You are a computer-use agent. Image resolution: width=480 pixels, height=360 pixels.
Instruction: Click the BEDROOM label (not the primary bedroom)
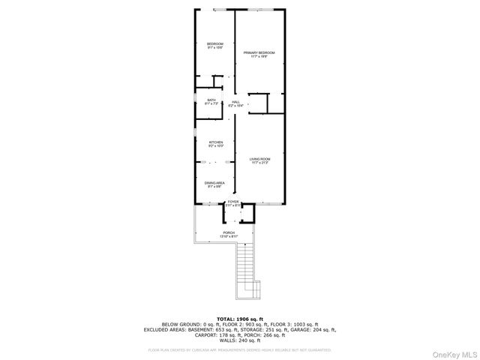click(x=215, y=44)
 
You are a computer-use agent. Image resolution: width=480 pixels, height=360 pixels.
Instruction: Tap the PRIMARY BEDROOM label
click(x=259, y=52)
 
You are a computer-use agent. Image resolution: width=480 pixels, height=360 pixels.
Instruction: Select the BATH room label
click(x=211, y=100)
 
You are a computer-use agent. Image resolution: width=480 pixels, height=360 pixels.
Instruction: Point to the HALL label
click(x=235, y=101)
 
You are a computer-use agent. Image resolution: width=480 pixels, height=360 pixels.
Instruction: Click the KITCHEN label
click(x=216, y=142)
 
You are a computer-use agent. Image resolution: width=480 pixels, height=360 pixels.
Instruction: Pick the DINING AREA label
click(x=215, y=182)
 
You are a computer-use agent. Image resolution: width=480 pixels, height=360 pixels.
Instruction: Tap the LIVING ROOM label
click(x=259, y=159)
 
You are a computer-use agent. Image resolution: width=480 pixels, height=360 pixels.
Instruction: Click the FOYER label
click(x=234, y=201)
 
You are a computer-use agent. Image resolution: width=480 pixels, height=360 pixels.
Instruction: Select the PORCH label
click(x=229, y=232)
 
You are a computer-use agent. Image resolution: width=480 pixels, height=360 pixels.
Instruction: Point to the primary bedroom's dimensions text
click(x=259, y=56)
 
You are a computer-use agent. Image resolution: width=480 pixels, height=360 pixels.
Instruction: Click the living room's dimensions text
click(x=259, y=163)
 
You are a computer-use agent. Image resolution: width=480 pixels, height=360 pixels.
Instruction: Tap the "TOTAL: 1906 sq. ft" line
click(x=239, y=319)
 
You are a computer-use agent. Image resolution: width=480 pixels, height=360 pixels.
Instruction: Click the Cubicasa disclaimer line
click(x=239, y=349)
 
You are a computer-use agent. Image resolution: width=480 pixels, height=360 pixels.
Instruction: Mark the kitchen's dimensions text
click(x=216, y=145)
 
